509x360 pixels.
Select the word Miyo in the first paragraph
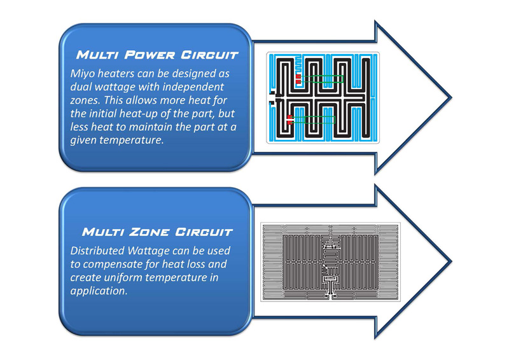[x=83, y=74]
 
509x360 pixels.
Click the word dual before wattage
[x=82, y=86]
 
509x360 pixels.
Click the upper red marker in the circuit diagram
[x=298, y=79]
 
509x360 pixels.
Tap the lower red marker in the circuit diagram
[x=290, y=119]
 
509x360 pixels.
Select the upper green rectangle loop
[x=322, y=79]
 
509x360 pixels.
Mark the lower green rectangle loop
[x=313, y=119]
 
